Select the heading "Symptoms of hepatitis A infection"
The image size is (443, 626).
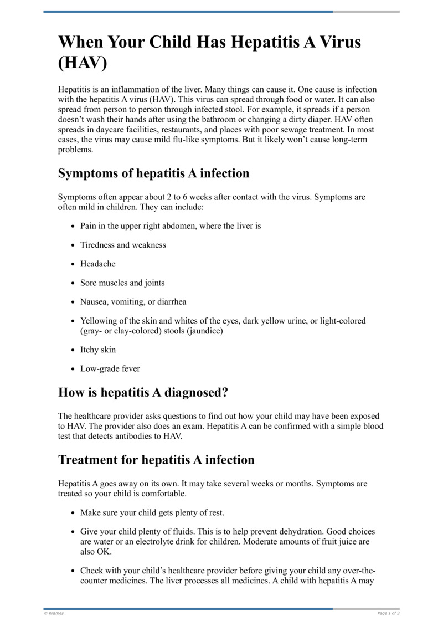[x=153, y=173]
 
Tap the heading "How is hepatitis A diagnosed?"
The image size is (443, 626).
[x=143, y=393]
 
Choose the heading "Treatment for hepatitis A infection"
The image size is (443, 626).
[x=156, y=460]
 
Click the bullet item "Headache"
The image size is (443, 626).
[x=98, y=264]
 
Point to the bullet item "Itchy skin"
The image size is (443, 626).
[x=98, y=350]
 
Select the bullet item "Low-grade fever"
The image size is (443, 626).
[x=110, y=368]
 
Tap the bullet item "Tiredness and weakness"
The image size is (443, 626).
[x=123, y=245]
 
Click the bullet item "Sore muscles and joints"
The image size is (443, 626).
[x=122, y=283]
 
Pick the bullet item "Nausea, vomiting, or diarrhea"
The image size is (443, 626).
[x=133, y=302]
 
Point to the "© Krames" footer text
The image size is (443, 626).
[x=54, y=613]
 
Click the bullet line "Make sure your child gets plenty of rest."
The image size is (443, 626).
[x=152, y=512]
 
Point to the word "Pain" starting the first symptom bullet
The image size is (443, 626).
[x=89, y=226]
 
